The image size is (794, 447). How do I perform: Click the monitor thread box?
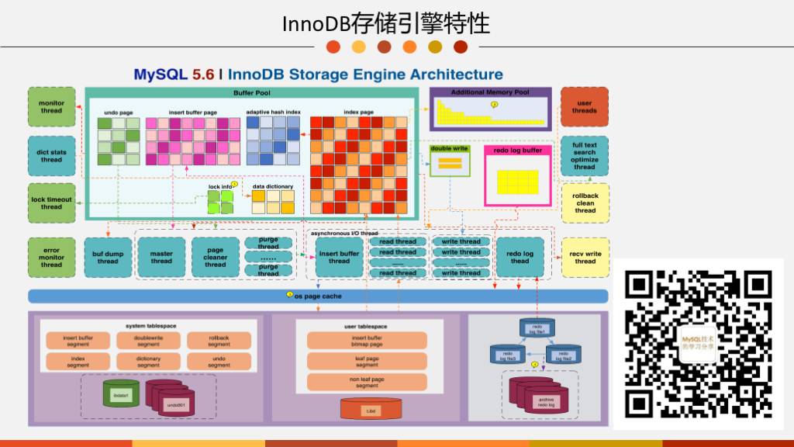pyautogui.click(x=51, y=107)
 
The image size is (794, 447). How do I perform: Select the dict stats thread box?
pyautogui.click(x=51, y=155)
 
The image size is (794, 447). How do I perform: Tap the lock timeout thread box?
pyautogui.click(x=51, y=203)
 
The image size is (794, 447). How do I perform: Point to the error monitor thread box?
pyautogui.click(x=51, y=257)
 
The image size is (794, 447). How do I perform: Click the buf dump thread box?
pyautogui.click(x=108, y=257)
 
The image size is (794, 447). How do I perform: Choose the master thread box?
pyautogui.click(x=161, y=257)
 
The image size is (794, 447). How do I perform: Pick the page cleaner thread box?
pyautogui.click(x=216, y=257)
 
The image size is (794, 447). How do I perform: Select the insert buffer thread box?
pyautogui.click(x=339, y=257)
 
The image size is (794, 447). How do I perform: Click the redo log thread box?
pyautogui.click(x=520, y=257)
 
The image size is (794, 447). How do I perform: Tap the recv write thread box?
pyautogui.click(x=585, y=257)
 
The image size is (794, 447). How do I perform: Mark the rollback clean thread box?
pyautogui.click(x=585, y=203)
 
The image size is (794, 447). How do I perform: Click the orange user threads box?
pyautogui.click(x=585, y=107)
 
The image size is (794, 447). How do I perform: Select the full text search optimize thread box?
pyautogui.click(x=585, y=155)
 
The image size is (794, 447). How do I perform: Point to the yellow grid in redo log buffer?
pyautogui.click(x=518, y=182)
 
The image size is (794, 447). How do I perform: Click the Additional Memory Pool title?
pyautogui.click(x=490, y=92)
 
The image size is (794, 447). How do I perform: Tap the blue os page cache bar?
pyautogui.click(x=318, y=296)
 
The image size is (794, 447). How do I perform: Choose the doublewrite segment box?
pyautogui.click(x=148, y=340)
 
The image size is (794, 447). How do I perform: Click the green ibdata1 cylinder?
pyautogui.click(x=121, y=394)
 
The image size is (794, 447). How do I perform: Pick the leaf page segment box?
pyautogui.click(x=366, y=361)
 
